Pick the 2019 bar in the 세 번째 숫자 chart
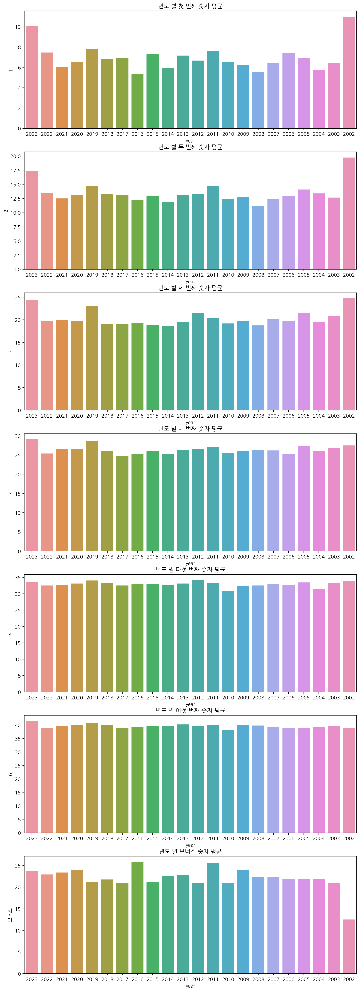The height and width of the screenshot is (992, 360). (x=92, y=358)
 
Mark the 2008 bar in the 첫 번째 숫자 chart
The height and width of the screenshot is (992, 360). (x=258, y=100)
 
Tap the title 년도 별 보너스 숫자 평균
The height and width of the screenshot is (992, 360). (x=190, y=851)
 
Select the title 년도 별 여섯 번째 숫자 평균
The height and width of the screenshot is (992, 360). (x=190, y=710)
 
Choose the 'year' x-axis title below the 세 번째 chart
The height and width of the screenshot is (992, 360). (x=190, y=422)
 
